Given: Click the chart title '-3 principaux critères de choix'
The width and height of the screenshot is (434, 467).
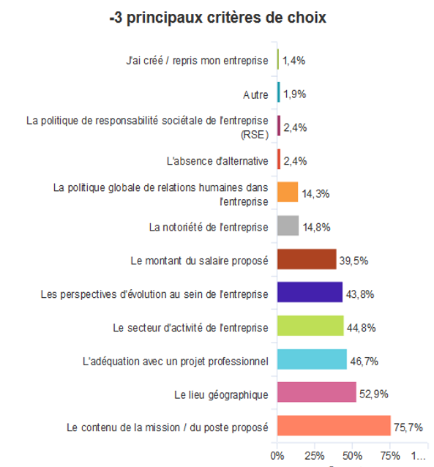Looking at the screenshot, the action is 218,18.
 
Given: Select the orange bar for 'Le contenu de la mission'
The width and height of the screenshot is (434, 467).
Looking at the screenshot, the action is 334,425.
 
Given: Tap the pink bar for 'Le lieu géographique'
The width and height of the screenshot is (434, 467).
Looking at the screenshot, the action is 317,392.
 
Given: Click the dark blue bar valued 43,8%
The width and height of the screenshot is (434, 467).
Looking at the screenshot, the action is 310,292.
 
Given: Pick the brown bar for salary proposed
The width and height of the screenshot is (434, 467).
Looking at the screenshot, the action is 307,259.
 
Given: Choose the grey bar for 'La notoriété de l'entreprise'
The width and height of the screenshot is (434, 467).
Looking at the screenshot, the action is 288,225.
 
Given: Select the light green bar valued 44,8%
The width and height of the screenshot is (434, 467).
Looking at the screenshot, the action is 310,326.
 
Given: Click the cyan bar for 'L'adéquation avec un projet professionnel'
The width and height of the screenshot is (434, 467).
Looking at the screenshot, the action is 312,359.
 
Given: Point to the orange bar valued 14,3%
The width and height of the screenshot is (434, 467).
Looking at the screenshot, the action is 288,192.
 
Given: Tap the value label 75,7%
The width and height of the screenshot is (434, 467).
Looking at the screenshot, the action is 408,427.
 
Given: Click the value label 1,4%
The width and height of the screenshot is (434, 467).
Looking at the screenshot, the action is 293,61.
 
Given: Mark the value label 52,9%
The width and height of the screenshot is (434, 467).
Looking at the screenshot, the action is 374,394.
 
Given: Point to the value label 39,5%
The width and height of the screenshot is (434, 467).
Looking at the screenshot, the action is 354,261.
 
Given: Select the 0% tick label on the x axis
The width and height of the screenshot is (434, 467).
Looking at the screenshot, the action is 277,456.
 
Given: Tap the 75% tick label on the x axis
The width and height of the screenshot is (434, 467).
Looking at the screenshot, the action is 390,456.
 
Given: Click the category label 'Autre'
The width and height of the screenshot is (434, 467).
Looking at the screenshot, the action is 255,94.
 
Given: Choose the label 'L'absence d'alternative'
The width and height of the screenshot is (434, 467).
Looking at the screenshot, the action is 217,161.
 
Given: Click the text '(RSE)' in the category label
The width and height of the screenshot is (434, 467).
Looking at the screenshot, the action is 255,135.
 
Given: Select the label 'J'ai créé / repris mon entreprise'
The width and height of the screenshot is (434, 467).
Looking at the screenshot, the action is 197,61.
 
